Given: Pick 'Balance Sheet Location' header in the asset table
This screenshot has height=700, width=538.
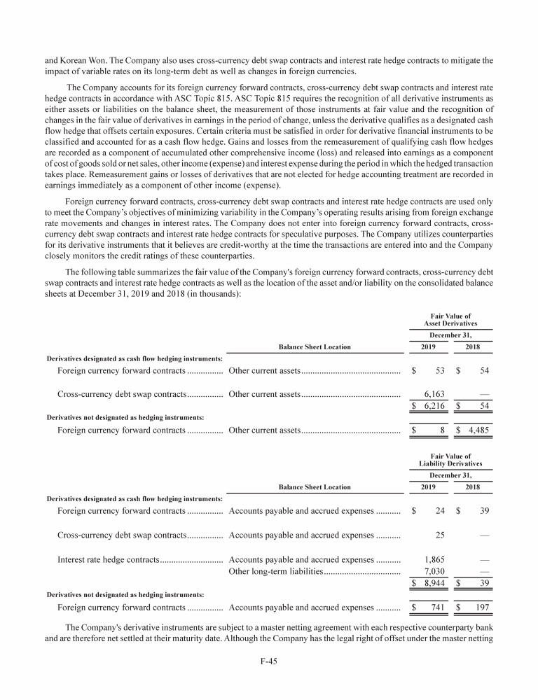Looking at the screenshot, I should coord(315,346).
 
